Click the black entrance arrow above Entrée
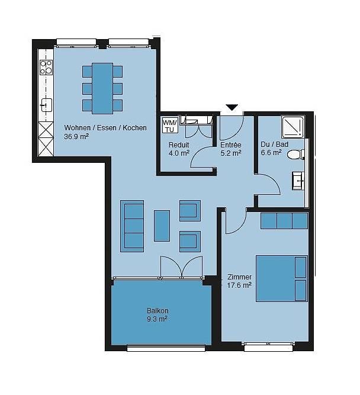[x=232, y=107]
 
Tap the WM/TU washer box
[x=170, y=125]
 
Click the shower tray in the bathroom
[x=292, y=127]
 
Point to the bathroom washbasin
[x=298, y=181]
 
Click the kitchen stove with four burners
[x=46, y=68]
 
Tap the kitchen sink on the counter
[x=46, y=105]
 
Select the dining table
[x=102, y=88]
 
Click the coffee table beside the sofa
[x=162, y=226]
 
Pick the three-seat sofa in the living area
[x=132, y=226]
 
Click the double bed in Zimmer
[x=282, y=278]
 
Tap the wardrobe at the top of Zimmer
[x=284, y=221]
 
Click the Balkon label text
[x=157, y=310]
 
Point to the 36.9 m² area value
[x=76, y=137]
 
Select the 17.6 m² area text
[x=239, y=285]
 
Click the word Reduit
[x=179, y=145]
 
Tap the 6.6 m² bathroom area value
[x=271, y=152]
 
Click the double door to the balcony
[x=181, y=267]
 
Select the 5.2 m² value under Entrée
[x=231, y=153]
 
